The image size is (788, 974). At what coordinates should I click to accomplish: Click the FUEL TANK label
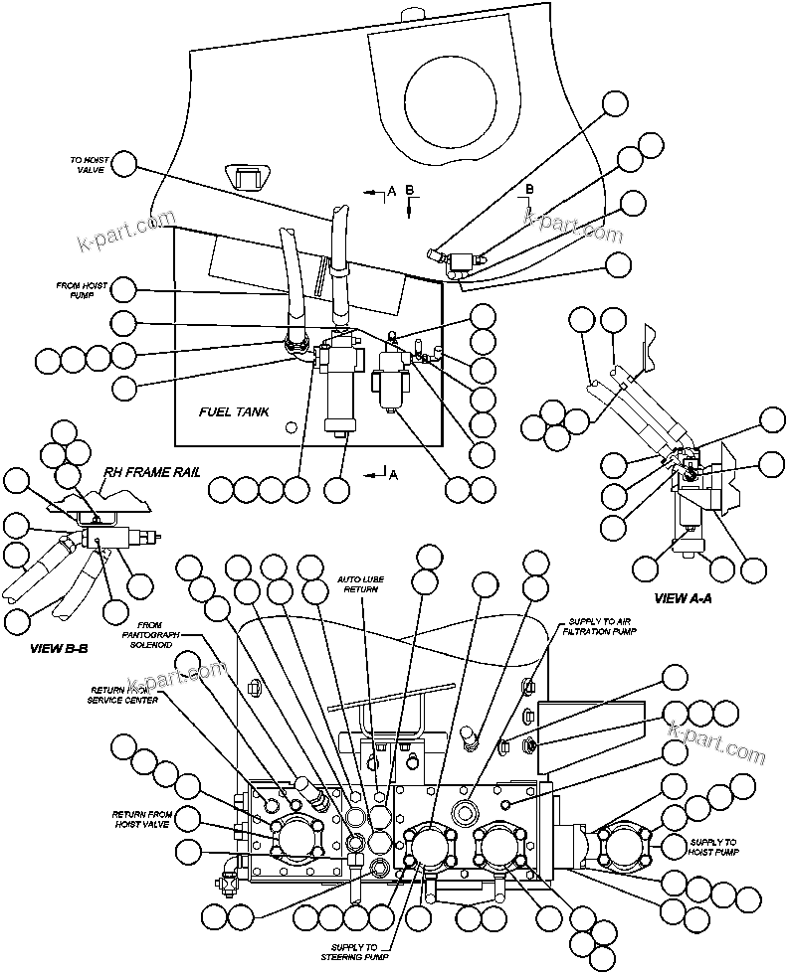236,410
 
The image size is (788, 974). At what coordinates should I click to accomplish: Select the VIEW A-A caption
683,598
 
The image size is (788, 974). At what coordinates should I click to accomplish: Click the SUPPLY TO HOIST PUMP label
713,846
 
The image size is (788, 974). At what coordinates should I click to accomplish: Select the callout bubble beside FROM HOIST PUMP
123,290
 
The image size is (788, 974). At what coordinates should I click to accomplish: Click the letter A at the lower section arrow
394,475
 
